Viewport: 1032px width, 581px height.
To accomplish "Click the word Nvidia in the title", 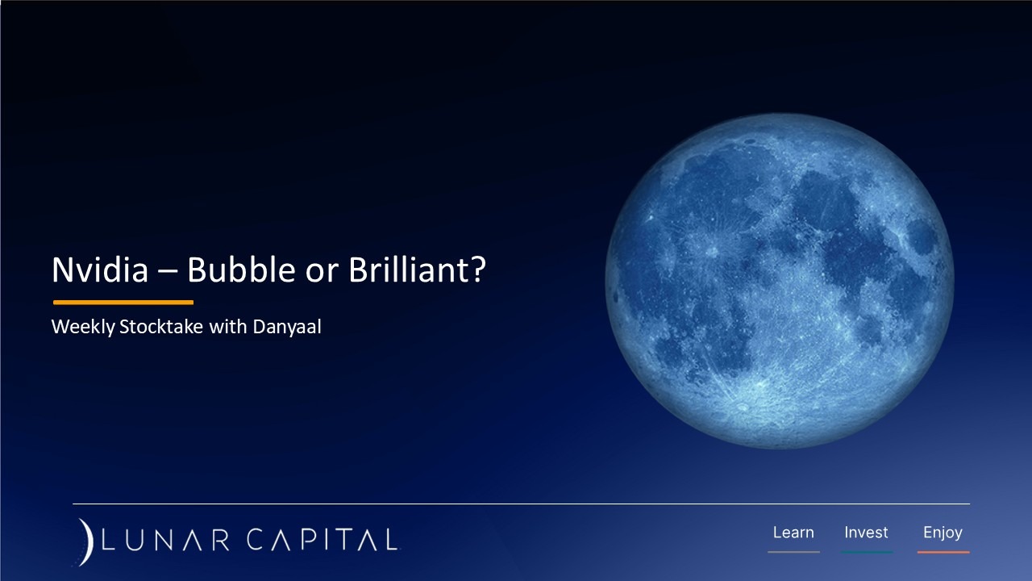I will [x=100, y=270].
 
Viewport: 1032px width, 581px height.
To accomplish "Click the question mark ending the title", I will [x=478, y=270].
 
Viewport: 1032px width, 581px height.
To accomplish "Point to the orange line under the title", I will [x=123, y=303].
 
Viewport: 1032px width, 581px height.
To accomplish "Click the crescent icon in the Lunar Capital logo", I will [x=86, y=541].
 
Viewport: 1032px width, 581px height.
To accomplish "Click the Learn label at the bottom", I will [x=793, y=533].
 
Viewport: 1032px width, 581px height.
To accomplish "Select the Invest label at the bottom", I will [x=866, y=533].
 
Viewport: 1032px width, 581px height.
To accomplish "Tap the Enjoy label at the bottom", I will [x=943, y=533].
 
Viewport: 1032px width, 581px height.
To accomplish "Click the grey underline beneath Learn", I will [x=793, y=552].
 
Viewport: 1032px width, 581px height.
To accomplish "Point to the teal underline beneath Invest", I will [x=866, y=552].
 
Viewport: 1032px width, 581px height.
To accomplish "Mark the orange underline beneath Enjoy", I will [x=943, y=552].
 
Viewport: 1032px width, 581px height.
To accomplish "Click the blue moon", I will [x=779, y=281].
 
